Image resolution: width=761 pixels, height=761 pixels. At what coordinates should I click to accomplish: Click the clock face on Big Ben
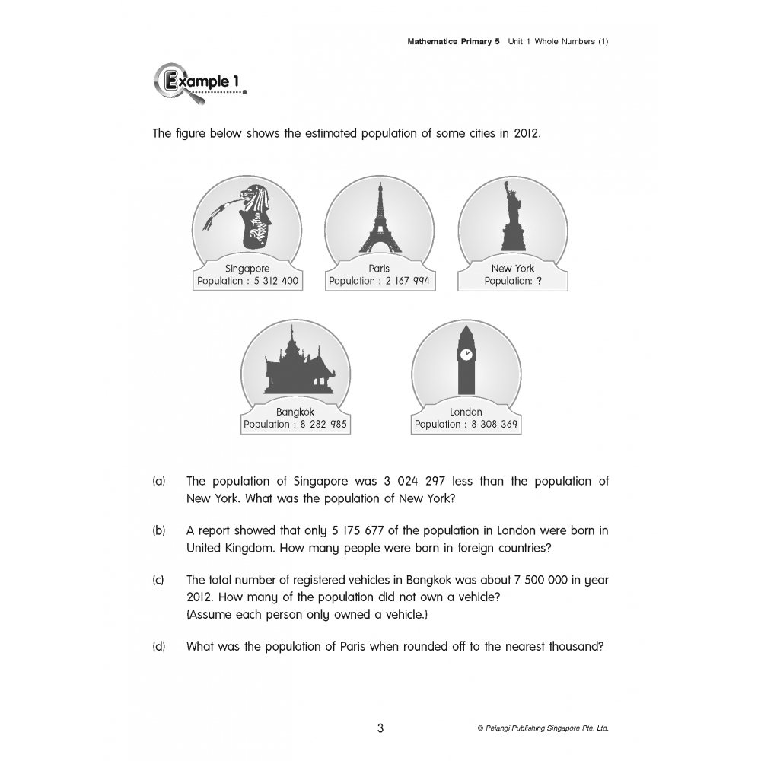pos(466,355)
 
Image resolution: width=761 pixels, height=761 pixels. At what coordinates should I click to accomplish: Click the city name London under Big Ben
pos(466,412)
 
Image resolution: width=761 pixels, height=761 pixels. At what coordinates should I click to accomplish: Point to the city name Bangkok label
pos(295,412)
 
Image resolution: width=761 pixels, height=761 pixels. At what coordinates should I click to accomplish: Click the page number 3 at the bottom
pos(380,728)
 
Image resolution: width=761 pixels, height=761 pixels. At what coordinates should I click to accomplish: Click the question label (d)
pos(158,647)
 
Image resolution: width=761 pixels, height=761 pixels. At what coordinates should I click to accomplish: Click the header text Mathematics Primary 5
pos(454,42)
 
